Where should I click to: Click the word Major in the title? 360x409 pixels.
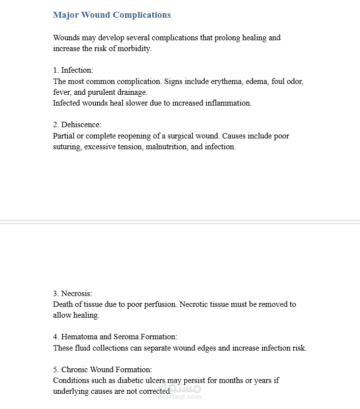coord(66,15)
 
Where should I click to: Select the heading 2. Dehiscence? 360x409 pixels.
coord(77,125)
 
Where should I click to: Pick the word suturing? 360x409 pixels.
coord(67,147)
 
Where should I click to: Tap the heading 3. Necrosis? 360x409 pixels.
coord(73,294)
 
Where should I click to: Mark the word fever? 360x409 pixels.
coord(61,92)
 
